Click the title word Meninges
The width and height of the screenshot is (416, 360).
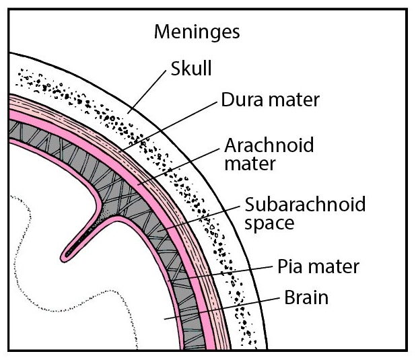[197, 32]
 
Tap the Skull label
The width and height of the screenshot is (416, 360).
[191, 68]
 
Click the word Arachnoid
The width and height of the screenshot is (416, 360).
[269, 145]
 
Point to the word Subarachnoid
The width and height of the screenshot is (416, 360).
[305, 204]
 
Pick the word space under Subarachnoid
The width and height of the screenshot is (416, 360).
[269, 223]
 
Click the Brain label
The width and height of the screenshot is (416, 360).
[306, 297]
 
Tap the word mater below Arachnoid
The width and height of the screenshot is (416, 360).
[250, 164]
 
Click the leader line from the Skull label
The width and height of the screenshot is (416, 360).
[147, 92]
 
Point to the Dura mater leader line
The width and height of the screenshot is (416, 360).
[168, 127]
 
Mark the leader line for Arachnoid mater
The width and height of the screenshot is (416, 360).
[178, 167]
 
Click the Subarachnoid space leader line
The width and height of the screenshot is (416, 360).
[199, 219]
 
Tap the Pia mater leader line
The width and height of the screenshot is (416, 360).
[220, 273]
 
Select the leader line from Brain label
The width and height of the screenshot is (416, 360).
[222, 308]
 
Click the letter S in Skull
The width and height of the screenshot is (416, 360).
[176, 68]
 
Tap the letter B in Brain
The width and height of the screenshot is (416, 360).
[289, 297]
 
